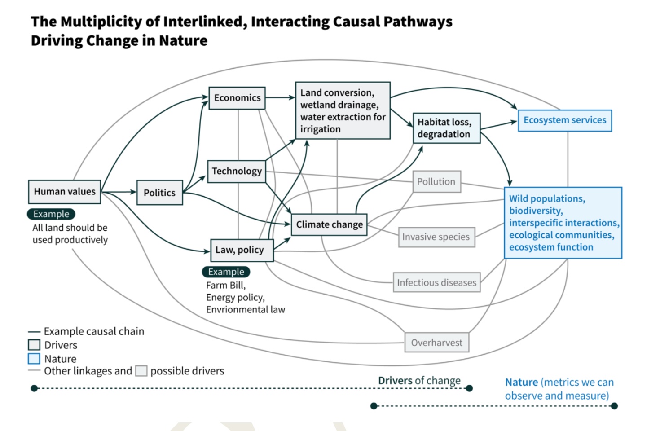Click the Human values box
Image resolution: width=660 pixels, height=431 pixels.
65,192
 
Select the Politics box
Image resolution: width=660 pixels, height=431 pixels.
159,193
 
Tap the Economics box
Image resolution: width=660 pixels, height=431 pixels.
237,98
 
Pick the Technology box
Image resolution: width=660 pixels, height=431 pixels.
237,171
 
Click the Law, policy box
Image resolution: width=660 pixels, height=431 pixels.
242,250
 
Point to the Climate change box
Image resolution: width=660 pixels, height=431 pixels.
329,224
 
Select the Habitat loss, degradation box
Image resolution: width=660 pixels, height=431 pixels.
446,128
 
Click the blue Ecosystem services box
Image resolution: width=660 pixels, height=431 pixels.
565,120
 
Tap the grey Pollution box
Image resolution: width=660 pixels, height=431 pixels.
436,181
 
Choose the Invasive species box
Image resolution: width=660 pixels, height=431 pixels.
436,237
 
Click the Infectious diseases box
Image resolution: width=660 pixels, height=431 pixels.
436,282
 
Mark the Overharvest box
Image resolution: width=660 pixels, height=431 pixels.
436,343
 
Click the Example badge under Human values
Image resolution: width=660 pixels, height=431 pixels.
51,214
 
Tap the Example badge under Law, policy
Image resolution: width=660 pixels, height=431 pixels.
226,272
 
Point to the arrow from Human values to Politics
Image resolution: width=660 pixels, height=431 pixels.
119,192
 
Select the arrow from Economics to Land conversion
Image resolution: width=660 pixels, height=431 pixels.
280,97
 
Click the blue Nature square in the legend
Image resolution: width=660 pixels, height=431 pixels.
34,359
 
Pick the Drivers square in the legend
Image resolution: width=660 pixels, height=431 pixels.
34,345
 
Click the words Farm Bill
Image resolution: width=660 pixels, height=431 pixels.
225,286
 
